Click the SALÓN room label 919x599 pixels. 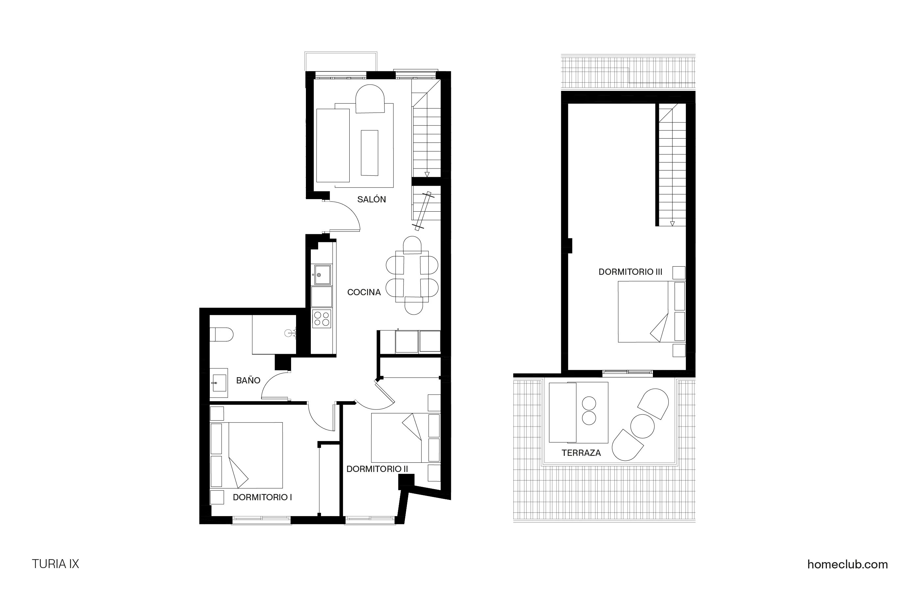click(x=371, y=200)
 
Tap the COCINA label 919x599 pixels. click(x=364, y=293)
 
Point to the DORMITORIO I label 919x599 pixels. click(x=262, y=497)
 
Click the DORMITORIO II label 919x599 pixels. click(x=377, y=469)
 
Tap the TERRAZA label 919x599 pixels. click(x=581, y=453)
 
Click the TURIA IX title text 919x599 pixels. click(x=55, y=564)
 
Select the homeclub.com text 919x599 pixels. click(x=848, y=564)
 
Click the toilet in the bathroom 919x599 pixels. click(x=222, y=335)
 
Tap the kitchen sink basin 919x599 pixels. click(x=322, y=274)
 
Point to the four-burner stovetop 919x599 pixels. click(x=322, y=319)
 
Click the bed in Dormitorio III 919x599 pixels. click(x=643, y=311)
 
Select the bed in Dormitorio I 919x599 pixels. click(x=256, y=455)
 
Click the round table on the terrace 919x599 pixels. click(x=642, y=426)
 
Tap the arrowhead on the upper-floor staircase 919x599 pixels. click(x=672, y=223)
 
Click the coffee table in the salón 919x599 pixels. click(x=369, y=153)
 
